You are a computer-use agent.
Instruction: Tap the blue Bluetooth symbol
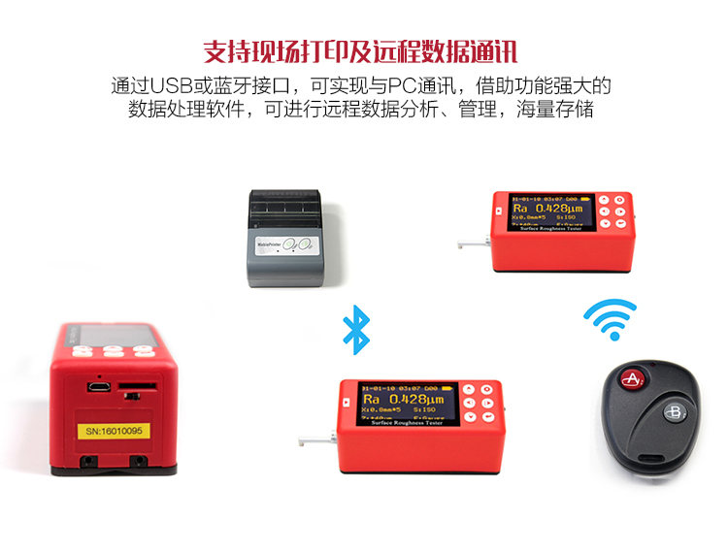pyautogui.click(x=357, y=329)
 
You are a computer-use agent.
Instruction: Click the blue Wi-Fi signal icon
pyautogui.click(x=610, y=319)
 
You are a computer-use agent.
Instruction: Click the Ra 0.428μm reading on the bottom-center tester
pyautogui.click(x=401, y=398)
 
